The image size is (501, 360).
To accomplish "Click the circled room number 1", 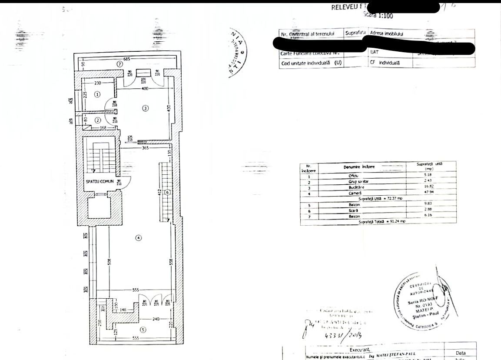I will point(98,94).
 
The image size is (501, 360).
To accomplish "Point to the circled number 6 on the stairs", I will point(167,192).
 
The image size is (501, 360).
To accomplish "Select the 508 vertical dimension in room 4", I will point(110,262).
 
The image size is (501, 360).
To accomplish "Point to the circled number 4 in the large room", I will point(138,237).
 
